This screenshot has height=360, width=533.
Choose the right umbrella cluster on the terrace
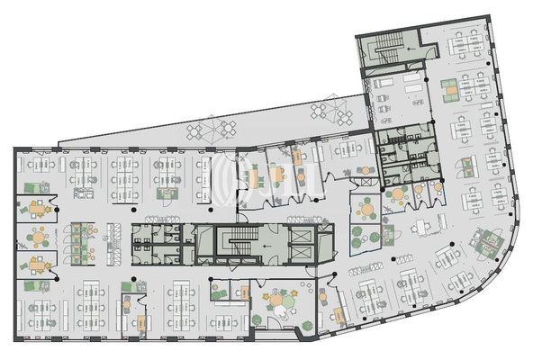click(x=325, y=111)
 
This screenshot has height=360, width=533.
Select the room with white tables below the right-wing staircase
click(x=393, y=90)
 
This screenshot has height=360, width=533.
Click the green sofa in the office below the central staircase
click(x=219, y=292)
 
